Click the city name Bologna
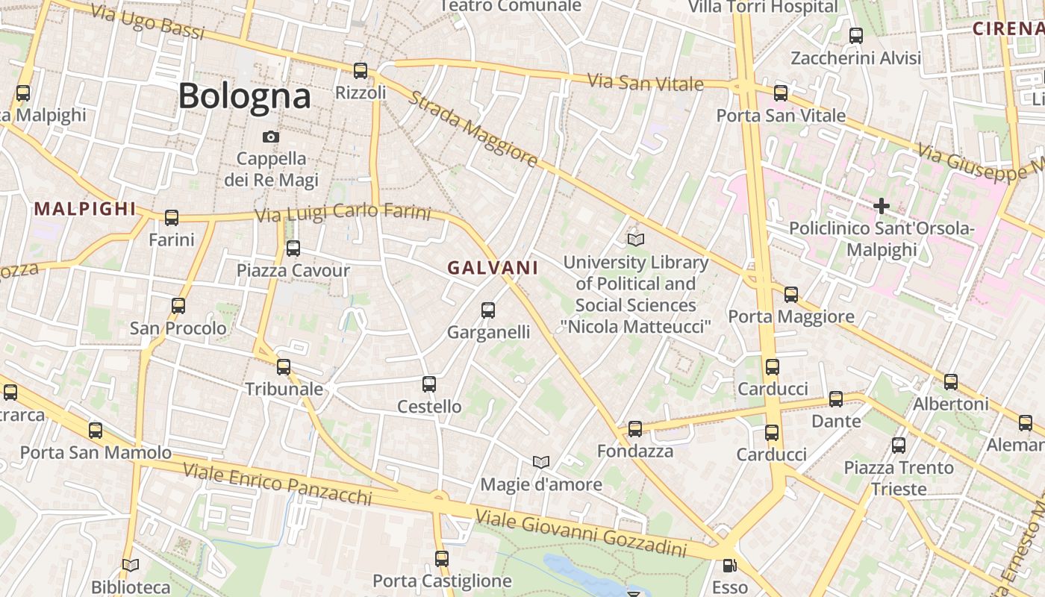[x=244, y=96]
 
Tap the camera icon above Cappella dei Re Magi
[x=271, y=137]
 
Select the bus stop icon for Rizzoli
[x=361, y=71]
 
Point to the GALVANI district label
[x=493, y=268]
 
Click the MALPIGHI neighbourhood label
[x=85, y=209]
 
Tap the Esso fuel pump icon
[x=729, y=566]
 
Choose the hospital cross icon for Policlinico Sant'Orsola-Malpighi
[x=882, y=205]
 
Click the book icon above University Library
[x=635, y=240]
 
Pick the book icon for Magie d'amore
[x=541, y=463]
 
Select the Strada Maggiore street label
[x=472, y=129]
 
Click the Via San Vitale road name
[x=645, y=82]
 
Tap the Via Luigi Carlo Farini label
[x=343, y=213]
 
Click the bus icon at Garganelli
[x=488, y=310]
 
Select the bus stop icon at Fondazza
[x=635, y=428]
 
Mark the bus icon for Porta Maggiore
[x=791, y=294]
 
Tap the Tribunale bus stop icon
[x=284, y=366]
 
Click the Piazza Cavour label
[x=293, y=270]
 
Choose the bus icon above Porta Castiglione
[x=442, y=558]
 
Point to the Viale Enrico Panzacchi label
[x=277, y=483]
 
